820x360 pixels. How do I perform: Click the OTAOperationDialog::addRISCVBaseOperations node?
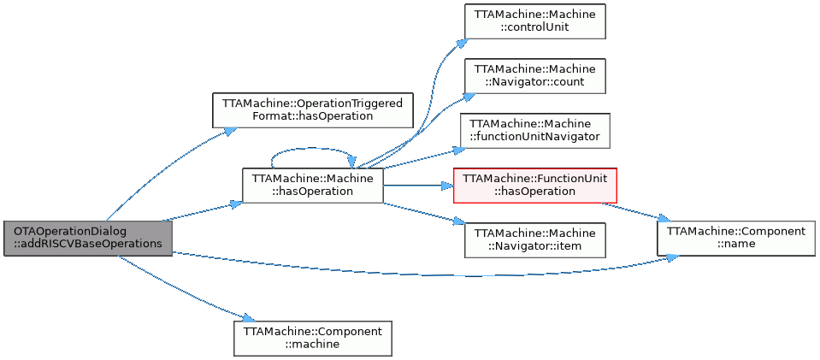[x=87, y=237]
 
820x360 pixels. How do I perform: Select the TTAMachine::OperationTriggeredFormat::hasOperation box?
[x=312, y=109]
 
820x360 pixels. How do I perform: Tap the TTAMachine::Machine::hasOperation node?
[x=312, y=185]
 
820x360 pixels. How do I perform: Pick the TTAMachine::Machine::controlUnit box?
[x=534, y=21]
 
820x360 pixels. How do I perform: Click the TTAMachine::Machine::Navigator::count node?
[x=534, y=76]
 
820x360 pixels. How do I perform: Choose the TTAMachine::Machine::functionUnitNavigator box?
[x=534, y=130]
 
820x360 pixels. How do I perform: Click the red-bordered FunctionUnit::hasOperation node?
[x=534, y=185]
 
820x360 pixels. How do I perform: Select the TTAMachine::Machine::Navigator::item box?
[x=534, y=239]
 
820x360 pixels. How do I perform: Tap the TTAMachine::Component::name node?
[x=735, y=237]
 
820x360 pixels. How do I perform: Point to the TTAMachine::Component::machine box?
[x=312, y=338]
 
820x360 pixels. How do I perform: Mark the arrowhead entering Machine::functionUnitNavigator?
[x=456, y=150]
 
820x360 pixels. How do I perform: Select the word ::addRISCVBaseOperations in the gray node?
[x=88, y=244]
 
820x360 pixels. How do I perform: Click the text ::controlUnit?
[x=534, y=28]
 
